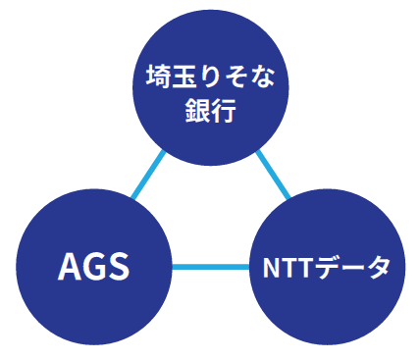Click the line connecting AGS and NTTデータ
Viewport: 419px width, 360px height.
(x=211, y=267)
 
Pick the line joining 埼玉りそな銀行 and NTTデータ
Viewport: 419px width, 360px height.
(x=274, y=176)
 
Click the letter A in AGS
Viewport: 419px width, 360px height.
(x=70, y=267)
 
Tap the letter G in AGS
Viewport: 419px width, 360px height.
(x=94, y=267)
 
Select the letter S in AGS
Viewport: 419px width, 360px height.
(x=118, y=267)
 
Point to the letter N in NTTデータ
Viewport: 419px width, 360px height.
(x=272, y=267)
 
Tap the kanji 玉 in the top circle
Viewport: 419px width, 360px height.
(x=183, y=77)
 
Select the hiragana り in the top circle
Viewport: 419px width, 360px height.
(x=208, y=77)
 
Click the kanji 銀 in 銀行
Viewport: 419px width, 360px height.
(x=195, y=109)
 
